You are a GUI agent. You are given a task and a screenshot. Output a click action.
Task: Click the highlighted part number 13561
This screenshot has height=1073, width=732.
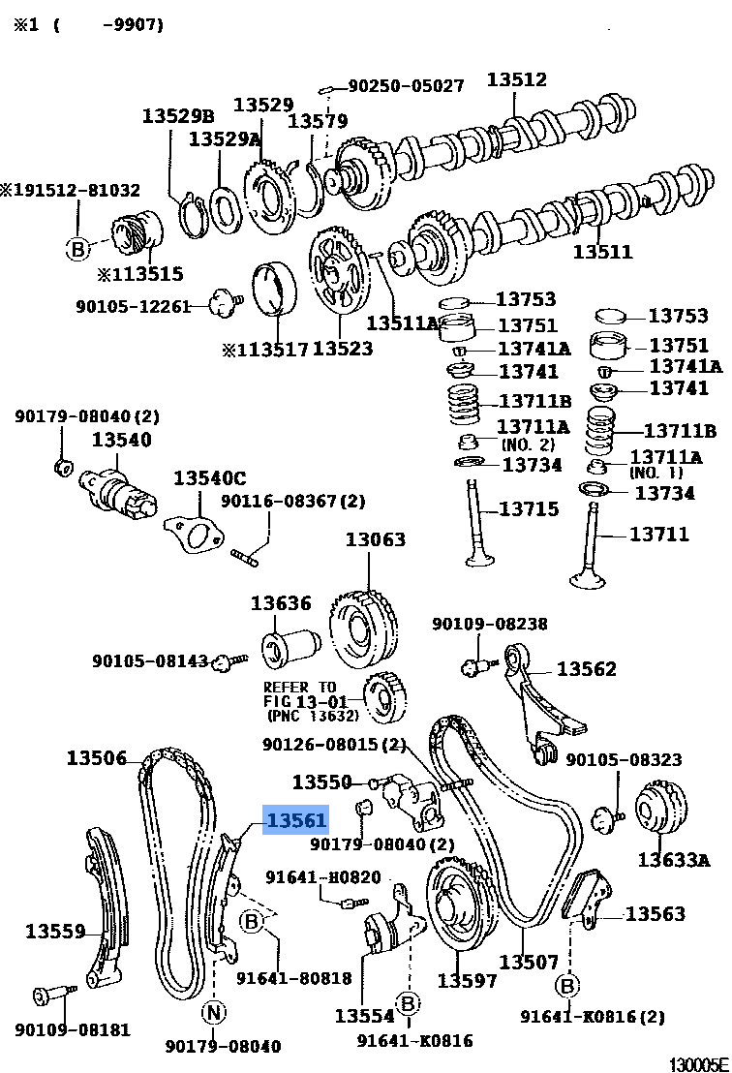click(x=296, y=821)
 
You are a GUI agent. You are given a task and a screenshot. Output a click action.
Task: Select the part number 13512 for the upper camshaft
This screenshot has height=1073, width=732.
click(x=516, y=80)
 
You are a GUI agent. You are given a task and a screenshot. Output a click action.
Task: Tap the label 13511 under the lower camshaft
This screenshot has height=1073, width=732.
click(x=602, y=252)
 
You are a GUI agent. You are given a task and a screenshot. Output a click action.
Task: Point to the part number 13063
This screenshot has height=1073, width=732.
click(x=376, y=539)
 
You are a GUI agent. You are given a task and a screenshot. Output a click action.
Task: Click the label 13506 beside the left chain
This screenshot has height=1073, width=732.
click(x=96, y=757)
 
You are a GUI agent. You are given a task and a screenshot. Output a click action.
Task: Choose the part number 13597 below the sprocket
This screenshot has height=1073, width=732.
click(x=467, y=981)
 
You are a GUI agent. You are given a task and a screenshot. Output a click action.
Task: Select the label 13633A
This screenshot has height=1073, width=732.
click(x=674, y=859)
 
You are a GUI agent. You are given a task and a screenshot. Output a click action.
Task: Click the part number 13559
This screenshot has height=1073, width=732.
click(x=55, y=932)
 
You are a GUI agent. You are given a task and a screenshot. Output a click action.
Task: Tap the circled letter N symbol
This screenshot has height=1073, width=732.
click(x=213, y=1013)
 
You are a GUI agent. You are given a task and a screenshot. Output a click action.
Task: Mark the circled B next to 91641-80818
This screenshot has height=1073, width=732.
click(x=252, y=921)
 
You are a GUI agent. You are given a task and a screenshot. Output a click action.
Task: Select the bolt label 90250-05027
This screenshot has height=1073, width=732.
click(x=406, y=86)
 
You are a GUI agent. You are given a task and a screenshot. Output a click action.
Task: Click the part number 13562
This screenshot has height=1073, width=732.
click(x=586, y=669)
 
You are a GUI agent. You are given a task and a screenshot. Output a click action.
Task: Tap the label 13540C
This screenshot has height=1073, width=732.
click(x=209, y=478)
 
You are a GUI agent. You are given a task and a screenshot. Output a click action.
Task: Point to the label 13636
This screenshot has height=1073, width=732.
click(x=281, y=603)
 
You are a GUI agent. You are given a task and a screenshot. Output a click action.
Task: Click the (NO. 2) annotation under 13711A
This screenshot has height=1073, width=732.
click(x=528, y=445)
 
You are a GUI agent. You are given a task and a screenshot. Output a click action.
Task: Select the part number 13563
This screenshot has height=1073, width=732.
click(x=655, y=913)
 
